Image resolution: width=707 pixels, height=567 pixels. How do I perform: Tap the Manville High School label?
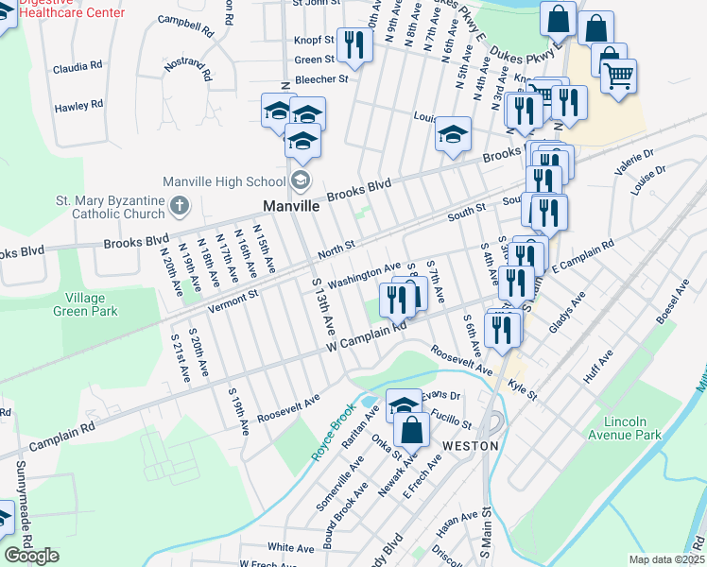[224, 181]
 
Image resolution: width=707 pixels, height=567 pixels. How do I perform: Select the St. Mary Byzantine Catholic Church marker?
[180, 205]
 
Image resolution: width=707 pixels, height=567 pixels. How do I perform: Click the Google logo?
[32, 556]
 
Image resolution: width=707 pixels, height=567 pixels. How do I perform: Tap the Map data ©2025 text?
[665, 559]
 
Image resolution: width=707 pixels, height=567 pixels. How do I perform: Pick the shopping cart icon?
[618, 76]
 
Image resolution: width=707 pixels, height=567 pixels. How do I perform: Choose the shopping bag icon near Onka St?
[413, 432]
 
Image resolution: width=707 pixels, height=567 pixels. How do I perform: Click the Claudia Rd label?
[78, 67]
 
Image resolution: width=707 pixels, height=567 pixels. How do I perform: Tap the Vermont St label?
[233, 298]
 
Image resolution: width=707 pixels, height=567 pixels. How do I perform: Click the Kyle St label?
[522, 387]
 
